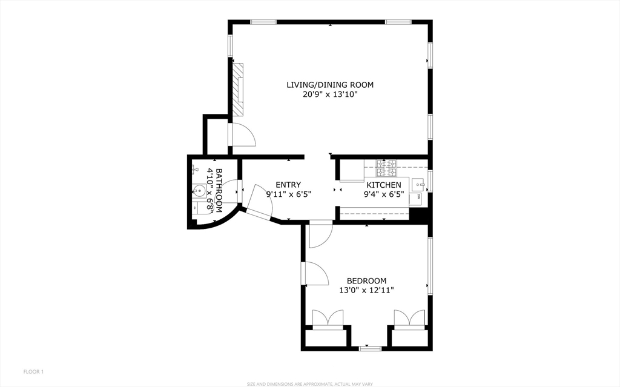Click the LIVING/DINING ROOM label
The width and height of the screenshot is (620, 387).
pos(330,85)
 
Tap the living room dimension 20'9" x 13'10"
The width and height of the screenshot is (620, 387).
pos(330,94)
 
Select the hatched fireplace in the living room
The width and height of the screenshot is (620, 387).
pos(237,90)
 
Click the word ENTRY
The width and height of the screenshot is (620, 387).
pos(288,185)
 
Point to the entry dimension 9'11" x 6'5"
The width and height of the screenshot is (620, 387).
pos(289,194)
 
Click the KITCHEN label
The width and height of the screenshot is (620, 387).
pos(383,185)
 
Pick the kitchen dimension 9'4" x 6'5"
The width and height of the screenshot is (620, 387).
pos(383,194)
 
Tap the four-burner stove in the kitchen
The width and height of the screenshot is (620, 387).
pos(386,168)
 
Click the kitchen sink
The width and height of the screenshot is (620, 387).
pos(418,184)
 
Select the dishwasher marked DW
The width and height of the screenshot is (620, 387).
pos(415,198)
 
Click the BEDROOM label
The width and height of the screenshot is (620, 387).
pos(366,281)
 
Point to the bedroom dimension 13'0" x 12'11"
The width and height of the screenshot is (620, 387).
pos(366,291)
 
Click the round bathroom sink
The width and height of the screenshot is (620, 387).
pos(200,191)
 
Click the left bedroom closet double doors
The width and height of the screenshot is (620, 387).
pos(328,319)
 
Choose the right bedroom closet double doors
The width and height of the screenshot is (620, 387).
pos(410,319)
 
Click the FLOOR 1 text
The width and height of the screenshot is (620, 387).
pos(34,372)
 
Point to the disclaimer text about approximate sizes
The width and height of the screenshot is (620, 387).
pos(310,384)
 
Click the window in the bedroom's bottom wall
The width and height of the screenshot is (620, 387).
pos(370,348)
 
